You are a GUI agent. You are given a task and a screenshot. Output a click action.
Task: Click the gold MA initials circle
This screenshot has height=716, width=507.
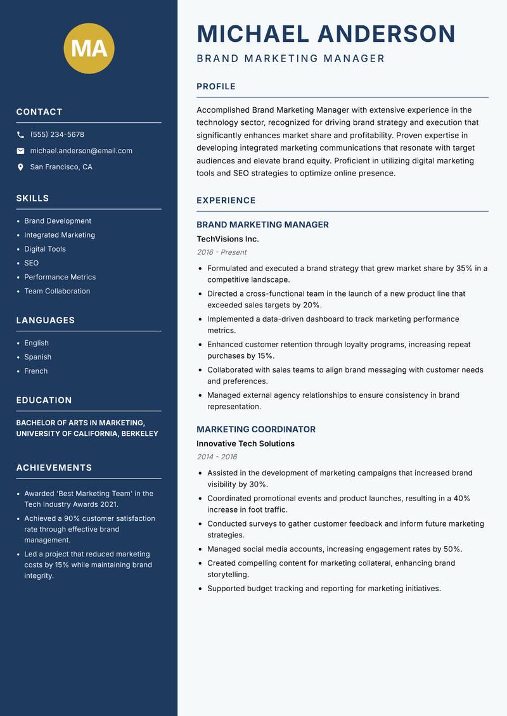point(89,48)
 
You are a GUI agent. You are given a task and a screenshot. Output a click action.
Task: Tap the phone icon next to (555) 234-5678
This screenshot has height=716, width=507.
point(21,135)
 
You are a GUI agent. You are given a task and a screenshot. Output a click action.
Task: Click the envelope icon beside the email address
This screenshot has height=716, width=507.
point(21,151)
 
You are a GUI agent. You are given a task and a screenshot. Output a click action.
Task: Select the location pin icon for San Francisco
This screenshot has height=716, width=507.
point(21,167)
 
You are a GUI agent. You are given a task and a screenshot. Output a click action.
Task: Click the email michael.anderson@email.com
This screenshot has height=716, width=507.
point(81,151)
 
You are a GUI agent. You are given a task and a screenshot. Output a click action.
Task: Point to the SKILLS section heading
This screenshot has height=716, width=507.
point(32,198)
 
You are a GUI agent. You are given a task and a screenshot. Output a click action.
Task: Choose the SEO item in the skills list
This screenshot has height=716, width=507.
point(31,263)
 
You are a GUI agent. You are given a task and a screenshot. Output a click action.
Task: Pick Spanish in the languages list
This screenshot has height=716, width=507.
point(37,357)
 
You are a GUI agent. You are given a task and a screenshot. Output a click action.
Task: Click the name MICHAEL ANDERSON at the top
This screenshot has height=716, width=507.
point(326,34)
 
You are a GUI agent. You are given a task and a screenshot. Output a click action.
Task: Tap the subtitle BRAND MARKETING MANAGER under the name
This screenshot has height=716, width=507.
point(290,59)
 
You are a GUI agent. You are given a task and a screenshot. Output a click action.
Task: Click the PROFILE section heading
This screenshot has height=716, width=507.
point(215,87)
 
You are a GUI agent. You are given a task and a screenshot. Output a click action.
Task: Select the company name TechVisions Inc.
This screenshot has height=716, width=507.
point(228,239)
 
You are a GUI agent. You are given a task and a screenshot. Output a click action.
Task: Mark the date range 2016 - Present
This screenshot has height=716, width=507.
point(221,252)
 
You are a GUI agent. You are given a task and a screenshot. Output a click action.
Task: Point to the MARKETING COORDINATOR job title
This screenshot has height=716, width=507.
point(255,429)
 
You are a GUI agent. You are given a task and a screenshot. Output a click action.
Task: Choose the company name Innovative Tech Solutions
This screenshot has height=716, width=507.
point(245,444)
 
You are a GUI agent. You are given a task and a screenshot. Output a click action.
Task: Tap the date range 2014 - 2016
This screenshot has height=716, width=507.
point(217,457)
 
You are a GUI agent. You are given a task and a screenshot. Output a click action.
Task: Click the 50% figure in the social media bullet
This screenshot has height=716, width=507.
point(452,549)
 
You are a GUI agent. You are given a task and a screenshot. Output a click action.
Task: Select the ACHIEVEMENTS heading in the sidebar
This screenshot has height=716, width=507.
point(54,468)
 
